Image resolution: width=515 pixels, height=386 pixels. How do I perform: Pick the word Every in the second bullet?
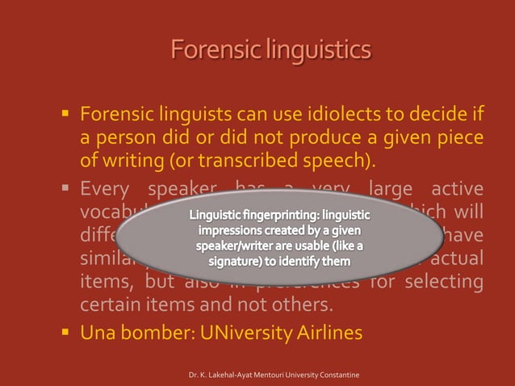tap(106, 191)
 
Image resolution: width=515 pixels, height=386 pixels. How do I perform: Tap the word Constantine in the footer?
tap(339, 376)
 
